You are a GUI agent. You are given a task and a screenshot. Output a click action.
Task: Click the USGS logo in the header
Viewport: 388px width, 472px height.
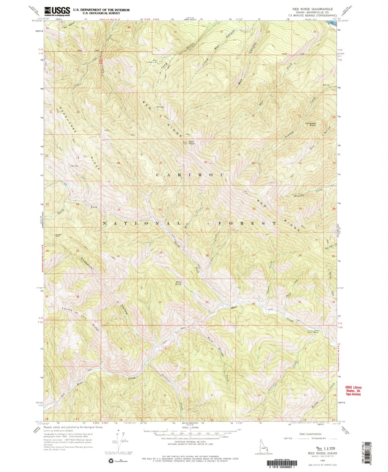tap(57, 12)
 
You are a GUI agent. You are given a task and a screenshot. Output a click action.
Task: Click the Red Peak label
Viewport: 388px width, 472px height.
tap(192, 142)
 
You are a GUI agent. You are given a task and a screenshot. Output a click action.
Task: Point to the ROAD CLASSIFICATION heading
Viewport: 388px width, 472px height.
tap(310, 434)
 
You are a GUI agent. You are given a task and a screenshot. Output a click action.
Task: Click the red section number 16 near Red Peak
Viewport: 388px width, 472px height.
tap(205, 162)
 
